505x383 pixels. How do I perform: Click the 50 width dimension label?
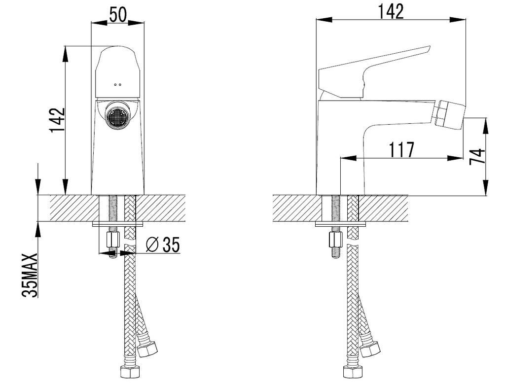click(118, 14)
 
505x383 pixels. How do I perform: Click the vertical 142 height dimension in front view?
click(57, 120)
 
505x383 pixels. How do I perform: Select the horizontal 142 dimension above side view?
click(391, 12)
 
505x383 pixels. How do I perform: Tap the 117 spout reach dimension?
click(401, 149)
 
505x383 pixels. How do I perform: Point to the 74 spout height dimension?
click(477, 156)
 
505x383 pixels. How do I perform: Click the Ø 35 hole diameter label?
click(163, 245)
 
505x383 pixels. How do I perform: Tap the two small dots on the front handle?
click(117, 85)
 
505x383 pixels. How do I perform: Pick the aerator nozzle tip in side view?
click(450, 113)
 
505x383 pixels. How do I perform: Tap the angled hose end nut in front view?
click(147, 348)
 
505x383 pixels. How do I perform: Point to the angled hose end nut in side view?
click(370, 348)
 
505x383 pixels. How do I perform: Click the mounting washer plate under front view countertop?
click(117, 224)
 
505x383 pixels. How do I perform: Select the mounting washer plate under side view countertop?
click(340, 224)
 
